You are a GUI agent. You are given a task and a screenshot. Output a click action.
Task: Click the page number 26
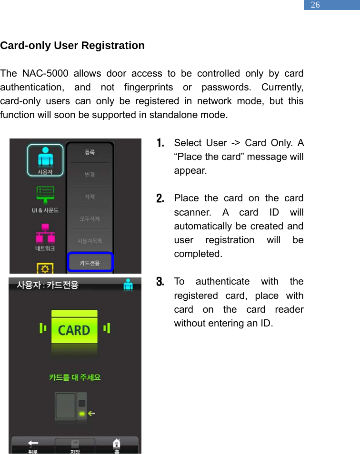(x=315, y=5)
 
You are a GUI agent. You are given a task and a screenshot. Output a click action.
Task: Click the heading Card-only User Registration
(x=72, y=46)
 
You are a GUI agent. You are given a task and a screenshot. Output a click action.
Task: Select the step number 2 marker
(x=160, y=198)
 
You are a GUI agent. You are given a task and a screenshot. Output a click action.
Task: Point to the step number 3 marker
(x=160, y=282)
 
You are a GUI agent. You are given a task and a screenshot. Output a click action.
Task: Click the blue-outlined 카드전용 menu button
(x=90, y=262)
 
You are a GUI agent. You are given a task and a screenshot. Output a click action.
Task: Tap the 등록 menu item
(x=90, y=152)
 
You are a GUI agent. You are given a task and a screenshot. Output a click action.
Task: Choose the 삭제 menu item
(x=90, y=197)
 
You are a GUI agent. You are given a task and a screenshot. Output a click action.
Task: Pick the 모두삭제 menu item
(x=90, y=219)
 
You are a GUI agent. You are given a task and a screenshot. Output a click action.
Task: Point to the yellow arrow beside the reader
(x=91, y=413)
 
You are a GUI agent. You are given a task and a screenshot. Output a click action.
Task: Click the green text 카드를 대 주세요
(x=75, y=377)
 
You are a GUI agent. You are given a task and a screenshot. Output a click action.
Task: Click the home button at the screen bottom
(x=116, y=444)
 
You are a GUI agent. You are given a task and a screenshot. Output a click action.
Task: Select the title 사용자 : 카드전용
(x=48, y=285)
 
